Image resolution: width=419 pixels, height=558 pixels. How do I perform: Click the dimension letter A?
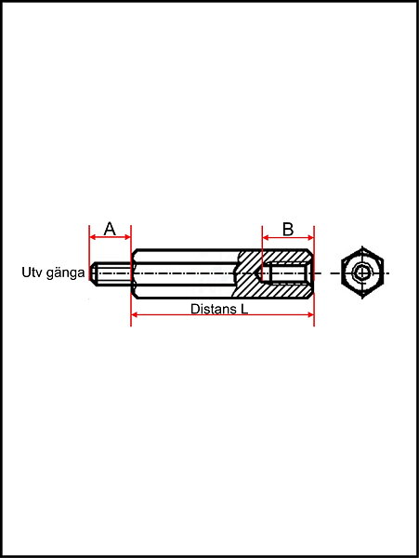coord(110,229)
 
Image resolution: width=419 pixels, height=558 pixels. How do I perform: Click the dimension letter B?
coord(288,229)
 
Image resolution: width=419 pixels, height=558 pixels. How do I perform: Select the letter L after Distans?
coord(244,309)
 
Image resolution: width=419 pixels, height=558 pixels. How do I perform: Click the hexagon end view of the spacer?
coord(362,272)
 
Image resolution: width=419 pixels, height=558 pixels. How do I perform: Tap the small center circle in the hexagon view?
coord(362,272)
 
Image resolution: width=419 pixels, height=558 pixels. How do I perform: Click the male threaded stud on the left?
coord(111,273)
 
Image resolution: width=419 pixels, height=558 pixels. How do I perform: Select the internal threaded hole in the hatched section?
coord(286,273)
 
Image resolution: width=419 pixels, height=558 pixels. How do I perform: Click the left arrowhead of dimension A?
coord(92,237)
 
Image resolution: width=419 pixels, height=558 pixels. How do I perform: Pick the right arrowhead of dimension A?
coord(128,237)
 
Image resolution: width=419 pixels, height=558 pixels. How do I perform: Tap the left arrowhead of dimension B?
coord(266,237)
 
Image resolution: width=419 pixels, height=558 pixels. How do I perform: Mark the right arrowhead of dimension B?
coord(310,237)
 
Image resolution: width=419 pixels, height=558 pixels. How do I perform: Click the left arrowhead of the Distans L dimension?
coord(135,314)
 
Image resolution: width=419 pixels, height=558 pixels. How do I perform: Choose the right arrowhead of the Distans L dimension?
coord(310,314)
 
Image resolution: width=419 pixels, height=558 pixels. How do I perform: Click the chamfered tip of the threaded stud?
coord(93,273)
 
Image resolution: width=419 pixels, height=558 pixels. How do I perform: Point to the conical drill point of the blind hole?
coord(258,273)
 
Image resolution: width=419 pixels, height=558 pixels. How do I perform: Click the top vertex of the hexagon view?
coord(362,248)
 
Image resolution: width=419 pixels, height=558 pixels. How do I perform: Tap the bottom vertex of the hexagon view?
coord(362,298)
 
